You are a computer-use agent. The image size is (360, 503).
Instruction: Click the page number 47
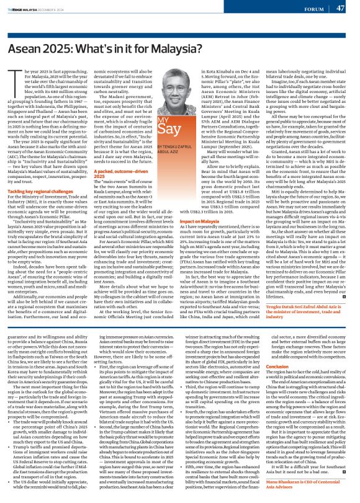pyautogui.click(x=340, y=8)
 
